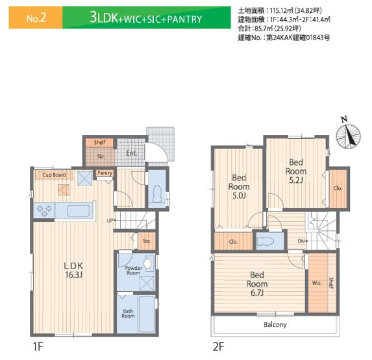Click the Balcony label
tap(275, 324)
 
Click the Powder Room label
tap(133, 270)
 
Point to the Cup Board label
tap(54, 175)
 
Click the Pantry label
tap(105, 173)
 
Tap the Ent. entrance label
tap(131, 154)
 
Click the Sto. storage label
tap(147, 242)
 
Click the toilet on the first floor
tap(157, 193)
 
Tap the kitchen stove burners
tap(45, 210)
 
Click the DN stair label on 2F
tap(302, 241)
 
